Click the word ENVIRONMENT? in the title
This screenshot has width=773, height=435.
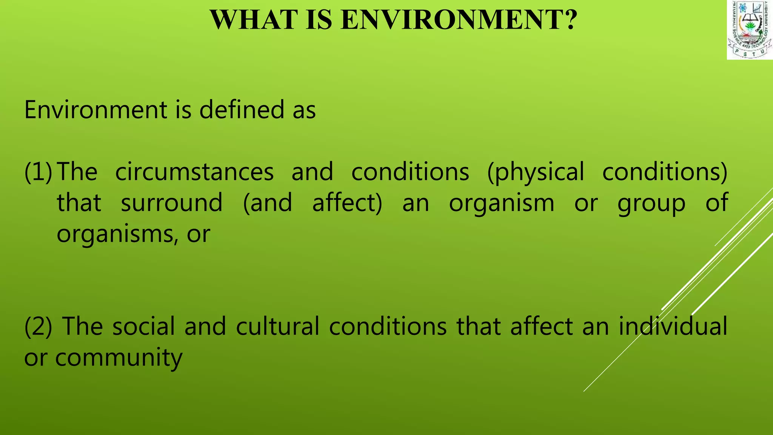tap(459, 20)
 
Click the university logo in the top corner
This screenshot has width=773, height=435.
tap(750, 30)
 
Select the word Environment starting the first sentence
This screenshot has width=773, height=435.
tap(96, 110)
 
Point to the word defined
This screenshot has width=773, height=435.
tap(242, 110)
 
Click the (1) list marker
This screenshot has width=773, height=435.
tap(38, 172)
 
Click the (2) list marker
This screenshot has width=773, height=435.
tap(38, 326)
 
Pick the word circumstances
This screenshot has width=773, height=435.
tap(194, 172)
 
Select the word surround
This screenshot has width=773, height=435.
tap(172, 203)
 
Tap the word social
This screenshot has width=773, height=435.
tap(143, 326)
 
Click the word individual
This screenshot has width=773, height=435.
tap(673, 326)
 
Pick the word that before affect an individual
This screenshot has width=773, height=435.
tap(479, 326)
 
